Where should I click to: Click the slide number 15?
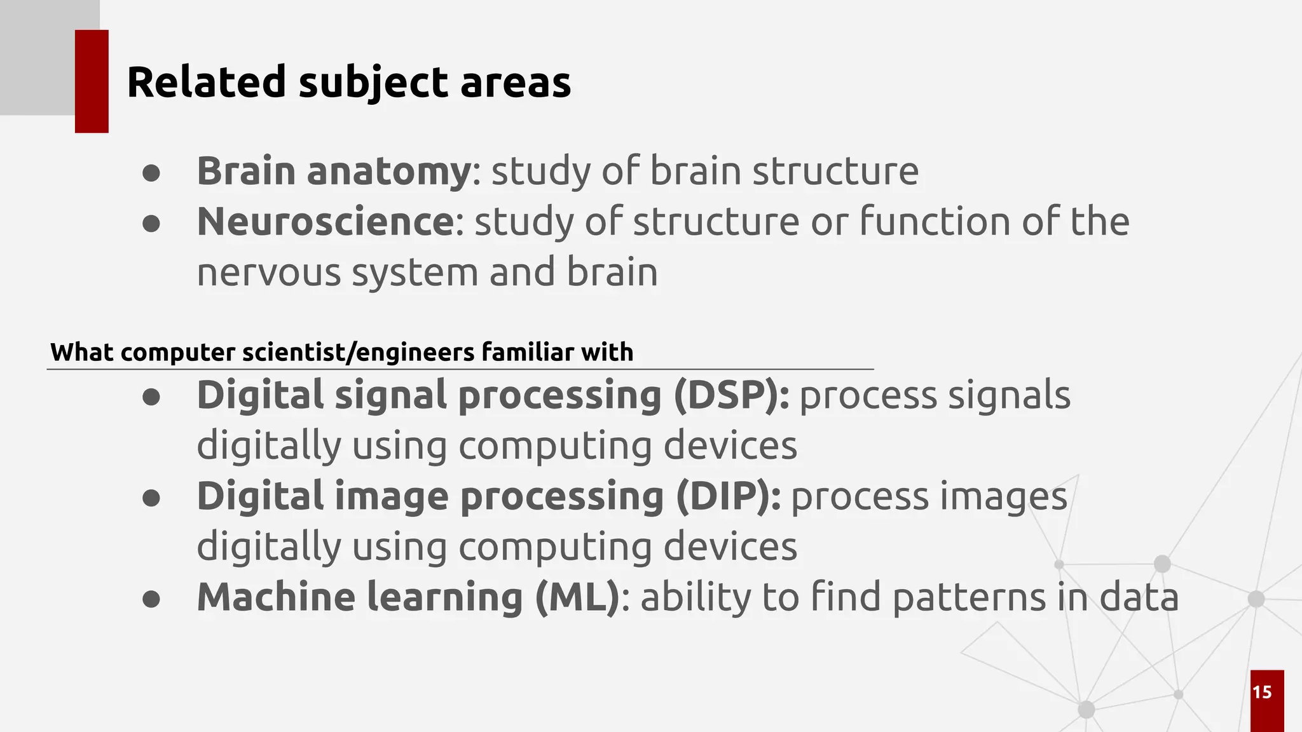1262,692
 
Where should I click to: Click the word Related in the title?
207,83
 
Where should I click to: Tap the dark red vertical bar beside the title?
92,81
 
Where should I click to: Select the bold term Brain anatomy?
333,172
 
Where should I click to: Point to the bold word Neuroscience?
325,222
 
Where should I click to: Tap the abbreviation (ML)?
577,597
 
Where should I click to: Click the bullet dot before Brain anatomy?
151,173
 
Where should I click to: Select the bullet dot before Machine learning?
151,599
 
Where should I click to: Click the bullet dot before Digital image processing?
151,498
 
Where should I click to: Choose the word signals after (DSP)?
1009,395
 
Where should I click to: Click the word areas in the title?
515,83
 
